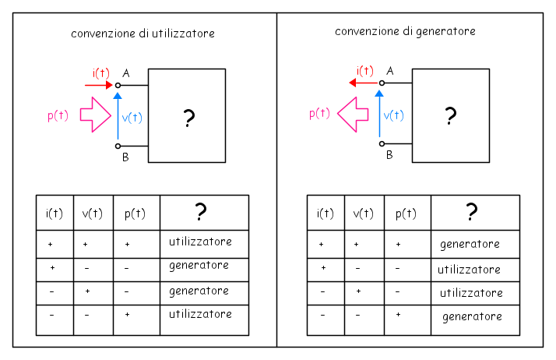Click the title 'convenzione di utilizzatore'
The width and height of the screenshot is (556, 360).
pos(143,34)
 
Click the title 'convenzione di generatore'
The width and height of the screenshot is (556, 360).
pos(405,32)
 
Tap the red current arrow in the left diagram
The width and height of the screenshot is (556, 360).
pos(99,85)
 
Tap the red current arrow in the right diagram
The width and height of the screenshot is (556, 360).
pos(363,83)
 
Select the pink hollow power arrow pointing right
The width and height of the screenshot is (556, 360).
pos(95,115)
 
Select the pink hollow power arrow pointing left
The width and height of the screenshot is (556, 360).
pos(353,115)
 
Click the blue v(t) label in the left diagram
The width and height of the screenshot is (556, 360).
pos(132,118)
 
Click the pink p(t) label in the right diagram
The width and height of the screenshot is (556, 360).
pos(319,114)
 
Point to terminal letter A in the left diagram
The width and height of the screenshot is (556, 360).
pos(126,73)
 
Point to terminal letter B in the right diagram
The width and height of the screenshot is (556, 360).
pos(389,155)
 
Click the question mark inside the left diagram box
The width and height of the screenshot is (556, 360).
pos(188,118)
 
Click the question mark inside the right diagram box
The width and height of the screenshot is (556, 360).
pos(450,115)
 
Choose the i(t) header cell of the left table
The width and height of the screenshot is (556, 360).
pos(55,213)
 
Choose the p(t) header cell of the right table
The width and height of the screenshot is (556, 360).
pos(407,213)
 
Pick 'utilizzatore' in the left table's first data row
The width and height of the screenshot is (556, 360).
pos(200,242)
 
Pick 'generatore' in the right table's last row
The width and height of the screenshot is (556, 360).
pos(472,316)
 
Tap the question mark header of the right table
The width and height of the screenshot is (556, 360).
pos(475,213)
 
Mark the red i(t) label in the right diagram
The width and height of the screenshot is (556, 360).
pos(365,71)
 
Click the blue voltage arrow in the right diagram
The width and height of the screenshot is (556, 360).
pos(379,114)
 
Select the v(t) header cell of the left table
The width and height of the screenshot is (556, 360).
pos(93,213)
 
